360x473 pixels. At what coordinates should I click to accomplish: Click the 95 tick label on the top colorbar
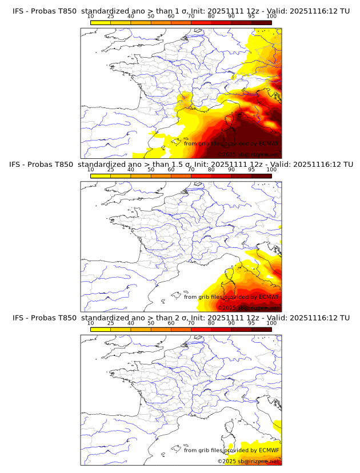(x=251, y=17)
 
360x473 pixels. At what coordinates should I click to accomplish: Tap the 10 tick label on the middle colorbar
(x=91, y=170)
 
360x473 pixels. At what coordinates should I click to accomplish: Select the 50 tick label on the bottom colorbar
(x=151, y=323)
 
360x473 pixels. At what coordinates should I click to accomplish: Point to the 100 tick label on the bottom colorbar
(x=271, y=323)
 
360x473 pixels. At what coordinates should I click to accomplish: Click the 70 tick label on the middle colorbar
(x=191, y=170)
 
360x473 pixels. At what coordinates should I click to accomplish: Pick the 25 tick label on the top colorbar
(x=111, y=17)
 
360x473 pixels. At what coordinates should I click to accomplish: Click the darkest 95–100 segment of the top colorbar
(x=261, y=22)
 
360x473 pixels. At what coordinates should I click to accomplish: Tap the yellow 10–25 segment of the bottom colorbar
(x=101, y=329)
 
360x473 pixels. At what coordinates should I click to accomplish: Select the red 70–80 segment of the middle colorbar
(x=201, y=176)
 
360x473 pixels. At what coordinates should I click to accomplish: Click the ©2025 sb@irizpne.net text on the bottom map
(x=247, y=461)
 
